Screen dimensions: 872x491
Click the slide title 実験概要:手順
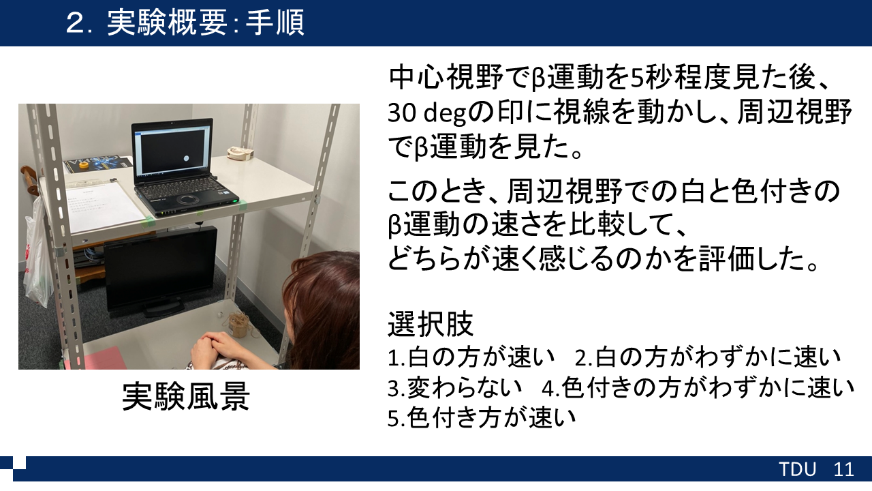pos(205,23)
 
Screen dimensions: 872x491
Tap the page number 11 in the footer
pos(843,469)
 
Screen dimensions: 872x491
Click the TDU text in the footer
pos(797,469)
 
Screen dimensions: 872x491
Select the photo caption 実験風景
pos(186,396)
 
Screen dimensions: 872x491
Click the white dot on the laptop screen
pos(187,158)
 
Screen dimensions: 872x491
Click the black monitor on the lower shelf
pos(160,270)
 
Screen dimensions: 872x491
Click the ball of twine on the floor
pos(238,325)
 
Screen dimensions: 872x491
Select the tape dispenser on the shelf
pos(240,153)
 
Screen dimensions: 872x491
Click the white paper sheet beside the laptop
pos(105,207)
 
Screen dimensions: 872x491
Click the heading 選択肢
pos(430,324)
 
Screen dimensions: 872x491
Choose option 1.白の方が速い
pos(471,357)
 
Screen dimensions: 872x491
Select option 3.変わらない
pos(454,388)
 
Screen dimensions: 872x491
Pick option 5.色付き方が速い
pos(482,418)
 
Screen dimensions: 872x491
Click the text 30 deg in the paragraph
pos(426,113)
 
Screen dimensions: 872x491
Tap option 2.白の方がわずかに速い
pos(708,357)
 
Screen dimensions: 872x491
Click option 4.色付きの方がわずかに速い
pos(698,388)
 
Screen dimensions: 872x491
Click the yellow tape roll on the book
pos(83,165)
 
